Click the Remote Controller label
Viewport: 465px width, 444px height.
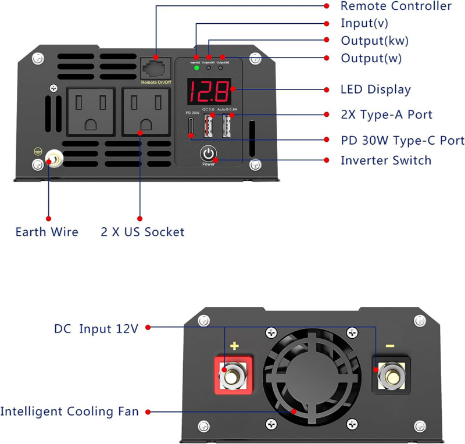click(x=395, y=6)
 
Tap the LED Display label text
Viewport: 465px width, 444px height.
click(x=375, y=89)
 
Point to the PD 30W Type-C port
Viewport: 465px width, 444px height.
click(x=191, y=127)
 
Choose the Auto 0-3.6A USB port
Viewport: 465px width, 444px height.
click(x=226, y=126)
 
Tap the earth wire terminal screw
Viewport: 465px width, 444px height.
click(x=54, y=159)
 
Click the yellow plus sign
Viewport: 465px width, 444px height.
click(x=234, y=346)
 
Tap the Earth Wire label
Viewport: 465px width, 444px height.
click(x=46, y=232)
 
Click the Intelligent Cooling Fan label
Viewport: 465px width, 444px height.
click(x=69, y=412)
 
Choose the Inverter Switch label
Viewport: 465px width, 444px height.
click(x=386, y=160)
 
